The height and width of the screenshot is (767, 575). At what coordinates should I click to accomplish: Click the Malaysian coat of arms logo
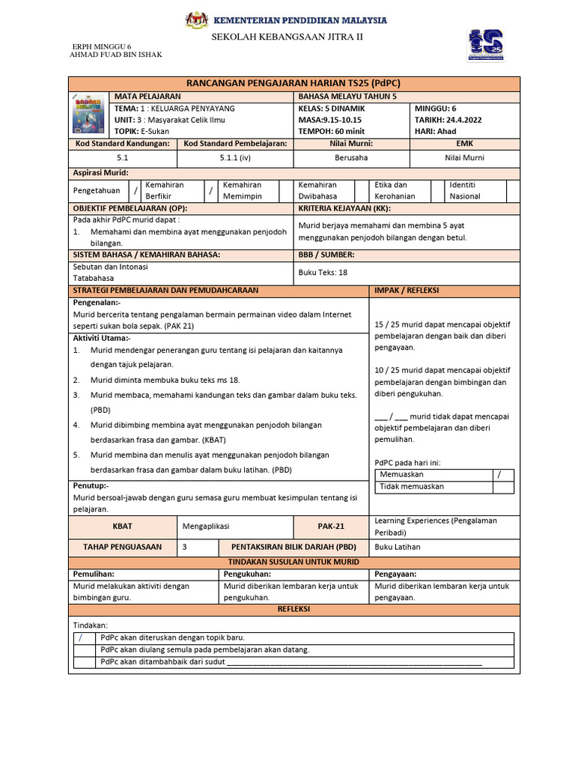tap(196, 19)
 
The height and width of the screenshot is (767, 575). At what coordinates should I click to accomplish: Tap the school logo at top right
tap(485, 45)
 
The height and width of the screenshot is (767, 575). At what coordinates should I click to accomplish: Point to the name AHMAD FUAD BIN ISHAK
tap(115, 55)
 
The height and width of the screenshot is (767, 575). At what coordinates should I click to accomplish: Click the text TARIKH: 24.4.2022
tap(448, 119)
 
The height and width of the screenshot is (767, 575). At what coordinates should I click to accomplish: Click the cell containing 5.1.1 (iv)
tap(235, 158)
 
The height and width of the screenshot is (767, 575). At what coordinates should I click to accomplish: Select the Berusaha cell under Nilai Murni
tap(351, 158)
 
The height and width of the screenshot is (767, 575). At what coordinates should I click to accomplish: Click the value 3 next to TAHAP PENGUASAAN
tap(185, 547)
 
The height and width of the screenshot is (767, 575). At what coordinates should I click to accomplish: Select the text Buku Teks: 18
tap(323, 273)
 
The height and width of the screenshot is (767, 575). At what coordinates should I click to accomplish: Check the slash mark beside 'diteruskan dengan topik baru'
tap(80, 638)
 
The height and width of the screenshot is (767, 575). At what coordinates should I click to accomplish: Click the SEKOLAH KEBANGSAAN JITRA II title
tap(287, 37)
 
